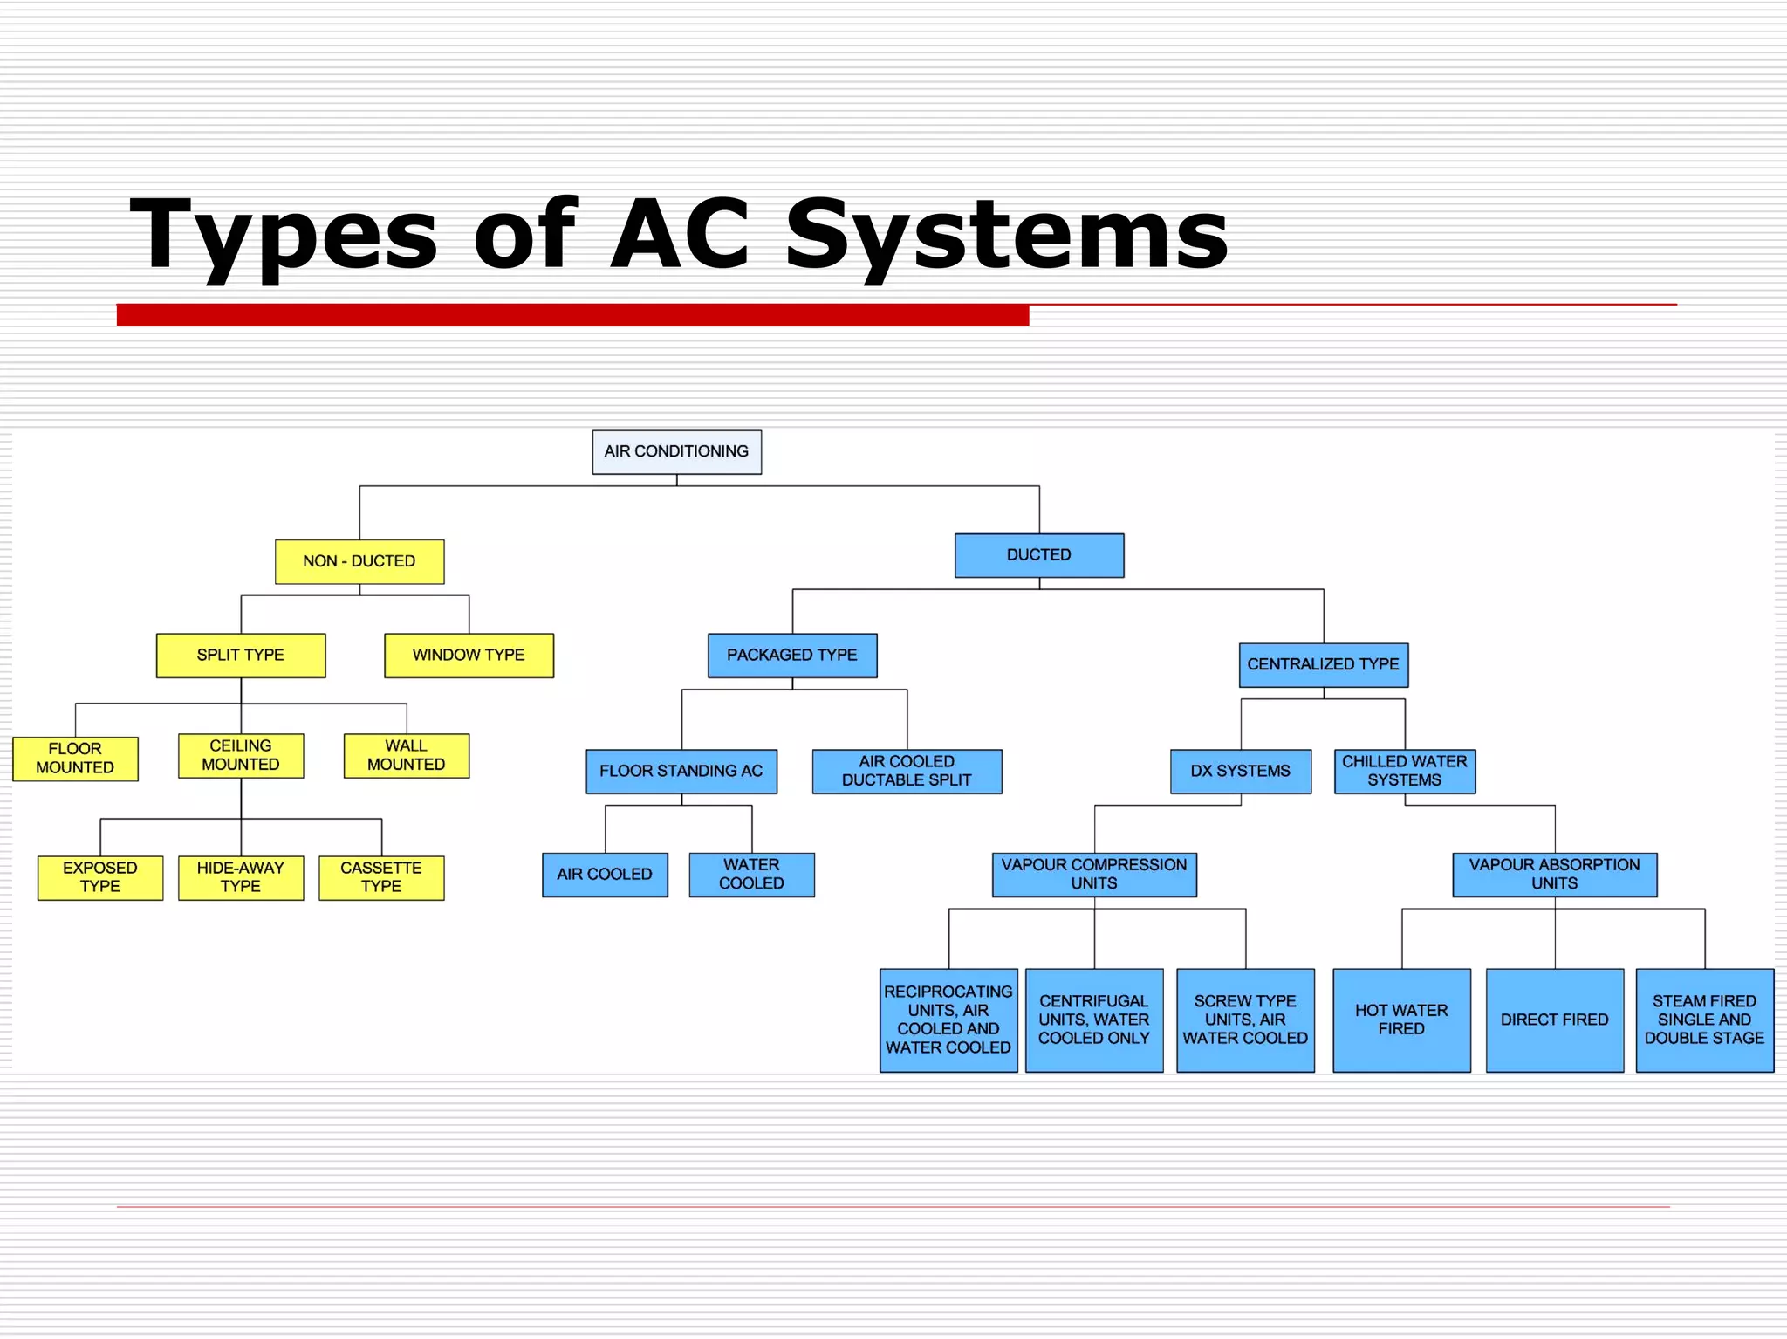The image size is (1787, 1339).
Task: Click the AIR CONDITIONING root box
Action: pyautogui.click(x=676, y=452)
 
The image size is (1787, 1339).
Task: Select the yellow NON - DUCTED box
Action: pyautogui.click(x=359, y=561)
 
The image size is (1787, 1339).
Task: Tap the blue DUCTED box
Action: pyautogui.click(x=1038, y=555)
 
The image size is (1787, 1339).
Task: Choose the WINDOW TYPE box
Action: pyautogui.click(x=469, y=656)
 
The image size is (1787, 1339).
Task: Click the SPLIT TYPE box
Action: pyautogui.click(x=241, y=656)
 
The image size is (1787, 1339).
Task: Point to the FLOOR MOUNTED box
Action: pyautogui.click(x=75, y=759)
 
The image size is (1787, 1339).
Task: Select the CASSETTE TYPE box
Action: pyautogui.click(x=381, y=877)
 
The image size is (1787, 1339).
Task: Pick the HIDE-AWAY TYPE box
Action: pyautogui.click(x=241, y=877)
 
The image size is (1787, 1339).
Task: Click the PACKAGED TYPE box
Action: pyautogui.click(x=792, y=656)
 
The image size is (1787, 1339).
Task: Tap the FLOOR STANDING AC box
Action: pyautogui.click(x=681, y=772)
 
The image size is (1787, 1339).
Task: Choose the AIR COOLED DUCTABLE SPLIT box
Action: pyautogui.click(x=907, y=772)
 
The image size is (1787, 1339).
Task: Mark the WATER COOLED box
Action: pyautogui.click(x=751, y=875)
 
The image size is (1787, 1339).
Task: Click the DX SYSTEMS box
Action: pyautogui.click(x=1240, y=772)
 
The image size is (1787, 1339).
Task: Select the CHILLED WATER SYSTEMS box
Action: pyautogui.click(x=1404, y=772)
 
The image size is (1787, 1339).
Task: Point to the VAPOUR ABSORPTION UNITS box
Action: pyautogui.click(x=1554, y=875)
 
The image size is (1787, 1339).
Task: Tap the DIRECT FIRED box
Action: pyautogui.click(x=1554, y=1020)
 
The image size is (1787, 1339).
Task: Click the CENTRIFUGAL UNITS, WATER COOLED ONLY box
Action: pyautogui.click(x=1093, y=1020)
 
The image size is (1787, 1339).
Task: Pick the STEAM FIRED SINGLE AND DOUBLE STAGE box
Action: pyautogui.click(x=1704, y=1020)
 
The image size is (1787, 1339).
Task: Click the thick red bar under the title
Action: pyautogui.click(x=572, y=315)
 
